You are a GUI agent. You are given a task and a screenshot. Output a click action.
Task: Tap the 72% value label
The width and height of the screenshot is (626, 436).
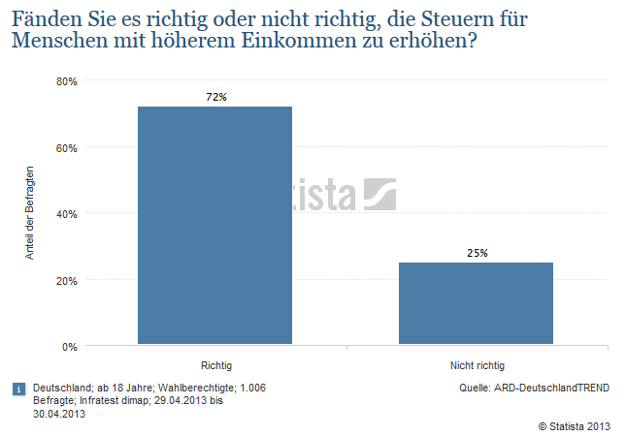coord(215,97)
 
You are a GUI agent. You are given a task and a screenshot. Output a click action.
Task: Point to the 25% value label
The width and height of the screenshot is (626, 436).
coord(477,253)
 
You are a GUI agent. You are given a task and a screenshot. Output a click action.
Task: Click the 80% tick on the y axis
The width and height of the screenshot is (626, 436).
coord(67,81)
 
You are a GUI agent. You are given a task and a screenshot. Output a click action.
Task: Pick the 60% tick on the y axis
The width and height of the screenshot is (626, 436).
coord(67,147)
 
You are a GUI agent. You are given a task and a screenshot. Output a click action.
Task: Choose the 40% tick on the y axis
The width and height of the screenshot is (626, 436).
coord(67,213)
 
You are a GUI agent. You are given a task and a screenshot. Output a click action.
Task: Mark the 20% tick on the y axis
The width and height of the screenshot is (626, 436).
coord(67,280)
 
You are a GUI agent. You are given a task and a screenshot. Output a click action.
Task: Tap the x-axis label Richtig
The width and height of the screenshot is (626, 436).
coord(215,365)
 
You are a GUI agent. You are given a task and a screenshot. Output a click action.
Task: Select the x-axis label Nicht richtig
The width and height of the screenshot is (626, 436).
coord(477,365)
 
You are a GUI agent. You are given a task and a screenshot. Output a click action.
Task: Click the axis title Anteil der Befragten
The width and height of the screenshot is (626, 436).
coord(30,213)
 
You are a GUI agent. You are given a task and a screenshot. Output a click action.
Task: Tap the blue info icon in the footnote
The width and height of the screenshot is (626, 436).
coord(17,389)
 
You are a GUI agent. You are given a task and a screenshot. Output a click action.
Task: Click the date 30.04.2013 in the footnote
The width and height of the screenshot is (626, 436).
coord(59,414)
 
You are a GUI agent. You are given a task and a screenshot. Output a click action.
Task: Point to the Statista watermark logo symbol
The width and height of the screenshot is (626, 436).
coord(379,194)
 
